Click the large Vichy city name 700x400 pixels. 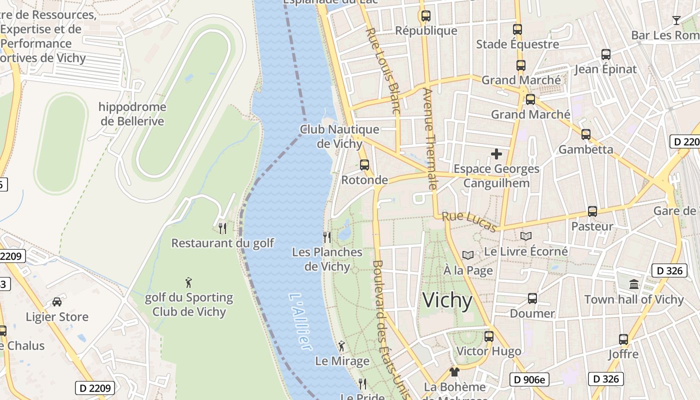click(447, 300)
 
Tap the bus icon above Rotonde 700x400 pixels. click(364, 164)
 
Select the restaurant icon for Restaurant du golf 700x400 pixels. click(222, 228)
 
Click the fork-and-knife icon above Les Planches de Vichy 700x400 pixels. click(327, 237)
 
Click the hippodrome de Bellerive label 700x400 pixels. click(132, 114)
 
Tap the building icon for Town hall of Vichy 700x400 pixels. click(634, 284)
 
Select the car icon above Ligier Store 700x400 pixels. click(57, 302)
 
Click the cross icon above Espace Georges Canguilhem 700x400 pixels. click(496, 154)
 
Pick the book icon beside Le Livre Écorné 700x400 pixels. click(525, 236)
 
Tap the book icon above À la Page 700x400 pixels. click(467, 255)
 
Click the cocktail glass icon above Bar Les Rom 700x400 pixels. click(676, 20)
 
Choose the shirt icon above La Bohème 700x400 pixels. click(454, 371)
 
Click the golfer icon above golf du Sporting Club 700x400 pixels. click(188, 282)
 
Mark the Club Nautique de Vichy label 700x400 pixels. click(339, 136)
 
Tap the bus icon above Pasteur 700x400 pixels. click(592, 211)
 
